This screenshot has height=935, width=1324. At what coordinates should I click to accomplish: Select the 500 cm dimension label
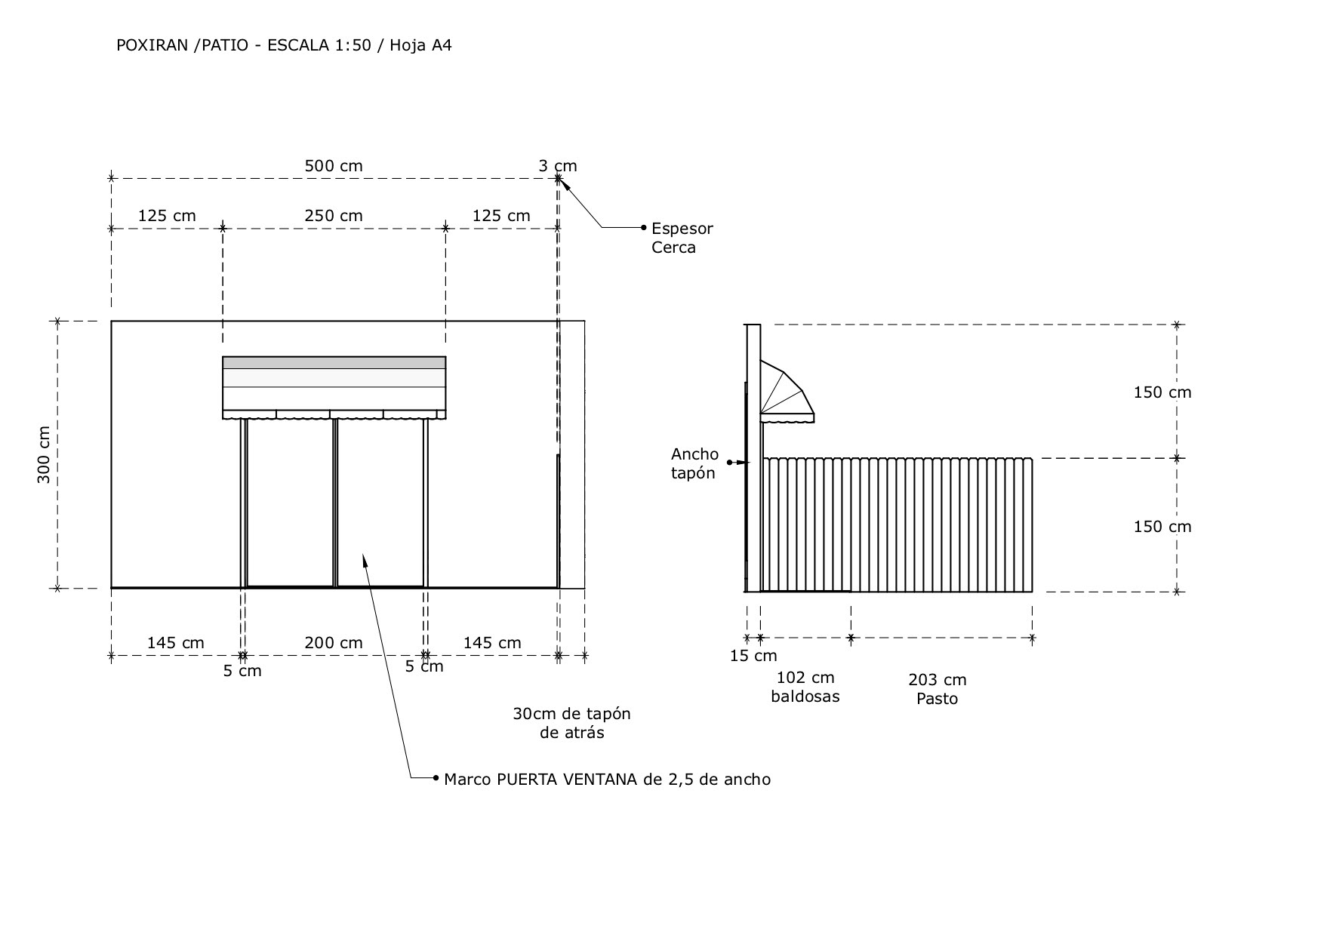tap(334, 166)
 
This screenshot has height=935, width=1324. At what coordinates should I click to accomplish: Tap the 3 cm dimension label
tap(557, 166)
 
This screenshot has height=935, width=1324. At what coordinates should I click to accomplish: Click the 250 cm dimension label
tap(334, 216)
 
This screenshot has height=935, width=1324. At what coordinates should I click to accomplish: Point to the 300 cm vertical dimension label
tap(44, 454)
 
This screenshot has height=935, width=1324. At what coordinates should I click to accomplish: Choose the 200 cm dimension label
tap(334, 643)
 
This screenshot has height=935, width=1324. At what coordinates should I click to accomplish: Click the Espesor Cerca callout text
tap(682, 238)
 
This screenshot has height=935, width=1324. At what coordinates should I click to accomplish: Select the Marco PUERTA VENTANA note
tap(607, 780)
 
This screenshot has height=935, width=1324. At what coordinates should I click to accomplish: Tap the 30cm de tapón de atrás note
tap(571, 723)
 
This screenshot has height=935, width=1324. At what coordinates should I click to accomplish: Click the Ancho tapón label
tap(694, 463)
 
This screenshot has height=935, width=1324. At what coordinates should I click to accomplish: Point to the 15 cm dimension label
tap(753, 656)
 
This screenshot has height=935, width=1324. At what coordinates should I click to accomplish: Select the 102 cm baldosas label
tap(805, 687)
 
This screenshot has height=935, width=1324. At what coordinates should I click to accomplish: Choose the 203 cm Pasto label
tap(938, 689)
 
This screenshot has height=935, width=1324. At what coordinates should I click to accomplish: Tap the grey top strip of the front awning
tap(334, 363)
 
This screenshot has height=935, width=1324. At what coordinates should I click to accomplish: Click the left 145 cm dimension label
tap(175, 643)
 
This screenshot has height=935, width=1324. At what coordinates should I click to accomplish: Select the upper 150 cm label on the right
tap(1162, 392)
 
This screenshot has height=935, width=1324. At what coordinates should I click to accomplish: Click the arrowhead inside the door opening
tap(365, 559)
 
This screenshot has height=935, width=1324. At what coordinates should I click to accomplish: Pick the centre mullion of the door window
tap(335, 502)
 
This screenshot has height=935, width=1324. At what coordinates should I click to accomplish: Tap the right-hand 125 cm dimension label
tap(501, 216)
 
